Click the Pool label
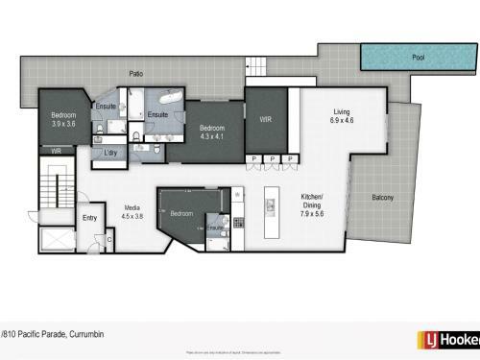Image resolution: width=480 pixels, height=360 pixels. click(x=419, y=57)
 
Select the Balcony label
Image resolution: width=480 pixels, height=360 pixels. click(x=386, y=199)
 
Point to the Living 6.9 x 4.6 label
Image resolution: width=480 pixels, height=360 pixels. click(x=343, y=116)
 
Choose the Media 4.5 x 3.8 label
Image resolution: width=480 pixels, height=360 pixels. click(x=132, y=211)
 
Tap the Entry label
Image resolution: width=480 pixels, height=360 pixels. click(x=90, y=218)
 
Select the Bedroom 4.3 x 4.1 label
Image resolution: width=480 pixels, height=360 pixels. click(x=211, y=132)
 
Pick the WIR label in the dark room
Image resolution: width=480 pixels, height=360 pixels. click(x=266, y=120)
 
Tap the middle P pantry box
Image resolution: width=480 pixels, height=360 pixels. click(x=273, y=159)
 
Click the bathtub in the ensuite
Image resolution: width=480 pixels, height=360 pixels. click(x=169, y=98)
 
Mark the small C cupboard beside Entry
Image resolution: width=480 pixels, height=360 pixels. click(x=109, y=240)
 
